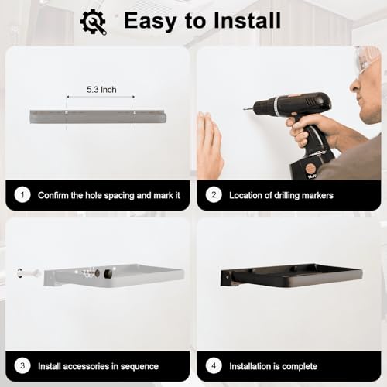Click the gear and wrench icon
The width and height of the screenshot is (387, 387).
point(94,22)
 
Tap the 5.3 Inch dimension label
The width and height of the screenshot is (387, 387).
point(101,90)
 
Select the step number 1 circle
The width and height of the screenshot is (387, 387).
point(22,195)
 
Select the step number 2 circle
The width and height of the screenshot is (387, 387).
point(214,195)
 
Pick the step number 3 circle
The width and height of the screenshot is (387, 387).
point(22,365)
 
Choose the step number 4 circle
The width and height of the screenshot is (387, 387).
point(214,365)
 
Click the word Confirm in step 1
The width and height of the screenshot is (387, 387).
point(53,195)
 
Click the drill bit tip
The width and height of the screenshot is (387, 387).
point(244,109)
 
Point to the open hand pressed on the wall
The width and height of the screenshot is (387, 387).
point(210,145)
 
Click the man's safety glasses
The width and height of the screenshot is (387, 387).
point(366,60)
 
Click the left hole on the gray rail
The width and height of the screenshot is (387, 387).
point(67,113)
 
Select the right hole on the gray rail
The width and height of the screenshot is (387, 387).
point(135,113)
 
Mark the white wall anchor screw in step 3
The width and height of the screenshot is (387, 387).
point(29,272)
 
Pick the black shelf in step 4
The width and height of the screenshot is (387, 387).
point(292,276)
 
